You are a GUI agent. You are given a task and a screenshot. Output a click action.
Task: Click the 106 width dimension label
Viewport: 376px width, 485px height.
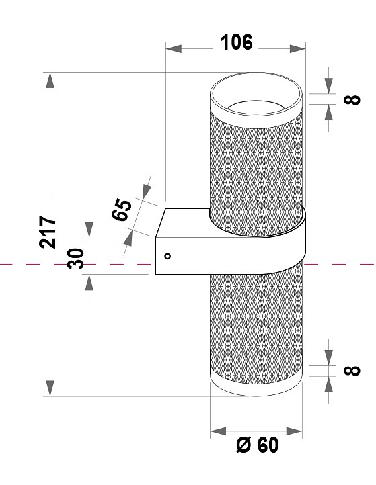tap(237, 42)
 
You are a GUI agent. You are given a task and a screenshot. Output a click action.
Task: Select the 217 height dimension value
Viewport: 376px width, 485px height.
tap(48, 232)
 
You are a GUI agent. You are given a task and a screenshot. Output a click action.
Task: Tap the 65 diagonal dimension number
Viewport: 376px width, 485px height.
tap(122, 210)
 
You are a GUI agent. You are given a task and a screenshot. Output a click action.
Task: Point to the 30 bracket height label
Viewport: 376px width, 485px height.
tap(75, 259)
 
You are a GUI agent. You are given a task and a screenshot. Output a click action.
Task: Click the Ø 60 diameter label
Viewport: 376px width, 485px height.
tap(258, 445)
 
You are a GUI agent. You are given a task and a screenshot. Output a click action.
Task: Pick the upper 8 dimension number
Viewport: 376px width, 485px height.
tap(352, 99)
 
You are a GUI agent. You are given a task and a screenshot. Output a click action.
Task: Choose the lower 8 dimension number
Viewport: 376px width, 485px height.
tap(352, 370)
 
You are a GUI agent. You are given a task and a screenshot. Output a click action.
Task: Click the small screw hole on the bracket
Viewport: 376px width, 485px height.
tap(167, 256)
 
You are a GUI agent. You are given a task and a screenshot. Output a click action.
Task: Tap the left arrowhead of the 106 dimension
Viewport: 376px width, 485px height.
tap(174, 48)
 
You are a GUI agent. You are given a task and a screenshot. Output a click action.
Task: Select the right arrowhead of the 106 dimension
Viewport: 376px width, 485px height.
tap(298, 48)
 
